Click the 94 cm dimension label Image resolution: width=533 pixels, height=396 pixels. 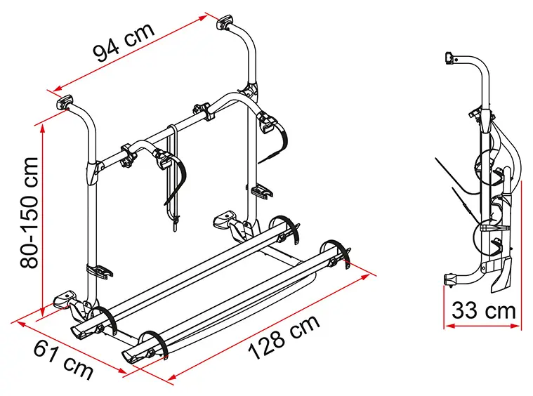[124, 43]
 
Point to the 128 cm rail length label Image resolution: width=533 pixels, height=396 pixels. [284, 337]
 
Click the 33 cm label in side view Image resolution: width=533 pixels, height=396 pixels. [483, 310]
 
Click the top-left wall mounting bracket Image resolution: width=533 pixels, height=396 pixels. [64, 102]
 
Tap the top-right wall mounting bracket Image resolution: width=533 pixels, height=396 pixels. [224, 22]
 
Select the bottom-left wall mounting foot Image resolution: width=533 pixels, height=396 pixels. [65, 299]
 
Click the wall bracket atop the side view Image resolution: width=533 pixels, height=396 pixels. [449, 58]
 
